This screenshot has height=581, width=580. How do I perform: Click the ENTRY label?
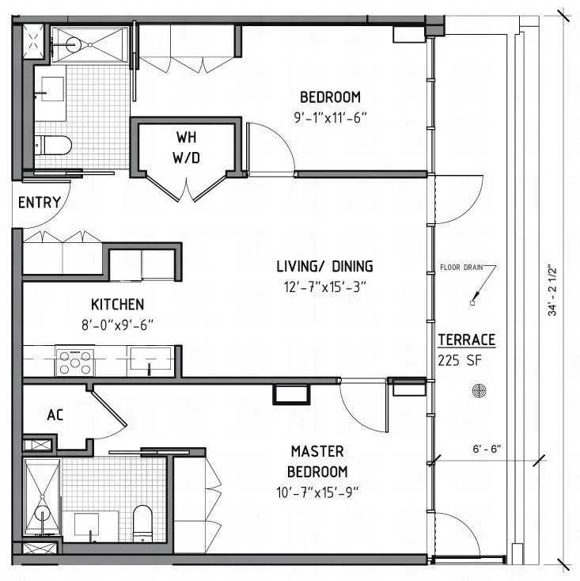(x=39, y=203)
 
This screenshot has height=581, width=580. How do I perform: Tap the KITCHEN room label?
(x=117, y=305)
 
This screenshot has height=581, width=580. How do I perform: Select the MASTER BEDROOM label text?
(x=317, y=461)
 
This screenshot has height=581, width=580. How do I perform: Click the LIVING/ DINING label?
(x=324, y=266)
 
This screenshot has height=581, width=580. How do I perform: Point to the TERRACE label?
(x=466, y=340)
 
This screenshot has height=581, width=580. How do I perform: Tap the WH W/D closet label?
(x=187, y=147)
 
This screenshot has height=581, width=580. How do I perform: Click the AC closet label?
(x=55, y=415)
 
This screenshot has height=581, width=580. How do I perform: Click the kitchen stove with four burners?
(x=74, y=361)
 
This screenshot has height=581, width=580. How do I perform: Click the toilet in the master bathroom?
(x=142, y=523)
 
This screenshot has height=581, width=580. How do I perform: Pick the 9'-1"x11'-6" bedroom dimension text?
(x=329, y=117)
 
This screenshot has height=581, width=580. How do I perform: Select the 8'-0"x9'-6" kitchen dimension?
(x=117, y=324)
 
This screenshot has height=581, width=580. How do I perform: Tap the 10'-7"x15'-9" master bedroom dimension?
(x=317, y=491)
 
